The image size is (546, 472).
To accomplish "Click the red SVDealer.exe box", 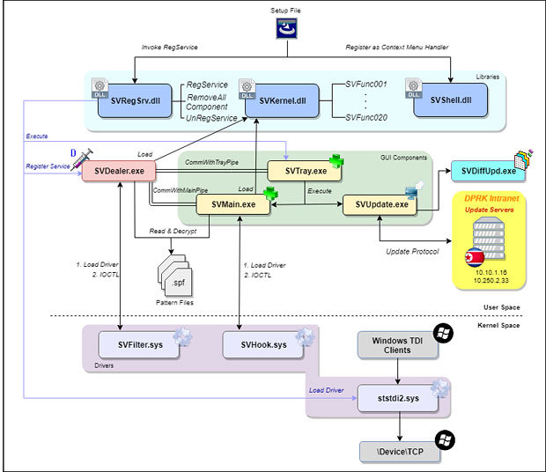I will click(113, 170).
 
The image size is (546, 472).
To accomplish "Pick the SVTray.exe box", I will click(304, 170).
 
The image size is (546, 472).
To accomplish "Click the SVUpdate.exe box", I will click(380, 204).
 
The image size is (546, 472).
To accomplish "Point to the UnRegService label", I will click(211, 117).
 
